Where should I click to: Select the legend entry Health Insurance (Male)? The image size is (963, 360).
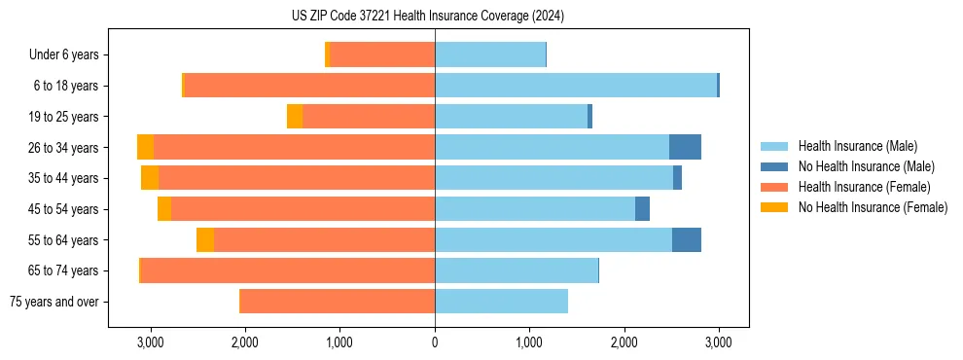[857, 146]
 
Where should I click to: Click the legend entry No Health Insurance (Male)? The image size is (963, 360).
[866, 166]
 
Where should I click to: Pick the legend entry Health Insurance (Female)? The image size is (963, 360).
[864, 187]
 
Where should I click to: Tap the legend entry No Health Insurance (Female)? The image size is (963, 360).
[873, 207]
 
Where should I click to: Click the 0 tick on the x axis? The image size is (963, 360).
[435, 342]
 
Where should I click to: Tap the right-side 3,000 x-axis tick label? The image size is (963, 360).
[719, 342]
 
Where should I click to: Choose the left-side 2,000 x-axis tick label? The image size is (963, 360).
[244, 342]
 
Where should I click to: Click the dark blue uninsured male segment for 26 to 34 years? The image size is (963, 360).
[685, 147]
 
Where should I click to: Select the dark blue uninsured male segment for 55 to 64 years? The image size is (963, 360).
[686, 239]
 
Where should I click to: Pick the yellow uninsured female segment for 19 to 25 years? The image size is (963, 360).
[295, 117]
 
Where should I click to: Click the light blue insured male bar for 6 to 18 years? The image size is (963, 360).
[576, 86]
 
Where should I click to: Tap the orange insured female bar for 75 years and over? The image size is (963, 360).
[338, 302]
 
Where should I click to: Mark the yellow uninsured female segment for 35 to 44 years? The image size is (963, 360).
[150, 178]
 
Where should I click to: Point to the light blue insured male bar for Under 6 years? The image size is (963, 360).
[490, 55]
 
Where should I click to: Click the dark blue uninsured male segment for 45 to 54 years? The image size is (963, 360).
[642, 209]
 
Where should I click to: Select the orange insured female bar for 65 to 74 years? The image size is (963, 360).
[288, 270]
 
